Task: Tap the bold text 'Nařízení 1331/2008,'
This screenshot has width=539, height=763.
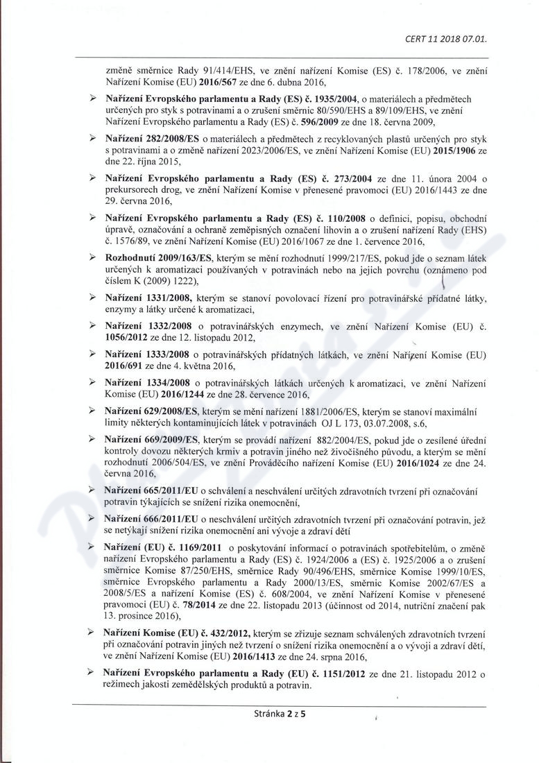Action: pos(148,297)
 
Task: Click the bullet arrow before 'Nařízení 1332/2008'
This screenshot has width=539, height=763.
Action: pos(93,326)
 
